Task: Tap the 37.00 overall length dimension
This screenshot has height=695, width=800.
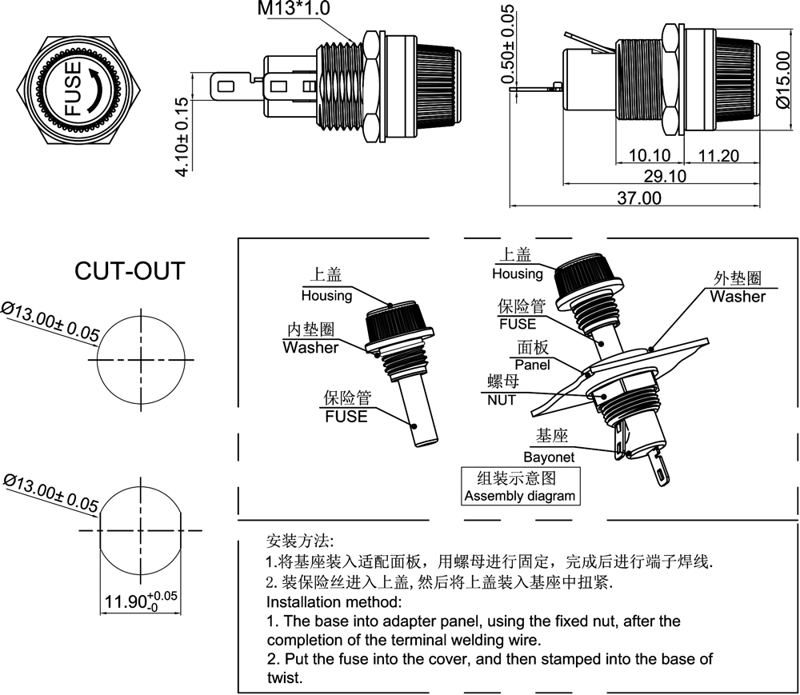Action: [x=638, y=198]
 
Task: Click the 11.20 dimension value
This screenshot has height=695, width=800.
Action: [x=719, y=155]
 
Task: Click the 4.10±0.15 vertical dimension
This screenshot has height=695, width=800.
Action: [x=182, y=136]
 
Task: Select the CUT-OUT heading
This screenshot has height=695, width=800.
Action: [x=129, y=271]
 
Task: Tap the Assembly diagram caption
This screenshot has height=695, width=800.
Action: [x=519, y=496]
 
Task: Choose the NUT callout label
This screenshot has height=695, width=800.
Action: [x=502, y=400]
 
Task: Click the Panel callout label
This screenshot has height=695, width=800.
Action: [x=532, y=365]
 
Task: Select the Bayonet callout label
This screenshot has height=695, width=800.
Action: [x=549, y=457]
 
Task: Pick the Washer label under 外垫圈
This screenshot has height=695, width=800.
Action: [x=738, y=297]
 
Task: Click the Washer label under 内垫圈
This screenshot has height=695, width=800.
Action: [x=310, y=348]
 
